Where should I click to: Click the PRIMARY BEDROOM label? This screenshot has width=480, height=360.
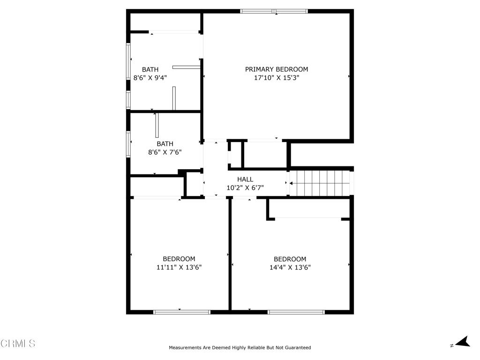click(277, 69)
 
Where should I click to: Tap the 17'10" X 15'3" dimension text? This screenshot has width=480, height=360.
click(277, 77)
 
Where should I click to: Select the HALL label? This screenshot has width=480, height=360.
click(245, 180)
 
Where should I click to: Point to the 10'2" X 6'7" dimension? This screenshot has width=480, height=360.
click(245, 187)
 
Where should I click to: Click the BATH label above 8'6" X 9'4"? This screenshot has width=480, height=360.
click(150, 69)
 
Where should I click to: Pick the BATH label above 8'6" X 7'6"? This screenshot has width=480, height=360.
click(165, 144)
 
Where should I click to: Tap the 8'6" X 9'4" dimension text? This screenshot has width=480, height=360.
click(150, 78)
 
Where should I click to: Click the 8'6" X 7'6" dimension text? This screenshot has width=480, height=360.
click(165, 152)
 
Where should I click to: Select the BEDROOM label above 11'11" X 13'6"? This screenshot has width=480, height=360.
click(179, 259)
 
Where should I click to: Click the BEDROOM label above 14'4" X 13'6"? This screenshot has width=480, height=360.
click(290, 259)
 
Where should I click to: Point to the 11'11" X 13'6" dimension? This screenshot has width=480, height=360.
click(179, 267)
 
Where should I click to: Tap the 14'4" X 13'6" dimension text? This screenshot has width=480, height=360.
click(290, 267)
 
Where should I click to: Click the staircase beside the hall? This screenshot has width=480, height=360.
click(320, 183)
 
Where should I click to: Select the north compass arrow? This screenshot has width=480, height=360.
click(463, 342)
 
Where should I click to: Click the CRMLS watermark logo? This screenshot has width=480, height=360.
click(18, 343)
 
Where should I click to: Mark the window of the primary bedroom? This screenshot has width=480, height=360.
click(274, 11)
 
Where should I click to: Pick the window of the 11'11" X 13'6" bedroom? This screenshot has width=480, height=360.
click(182, 312)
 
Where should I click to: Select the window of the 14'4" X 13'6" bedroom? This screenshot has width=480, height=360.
click(296, 312)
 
